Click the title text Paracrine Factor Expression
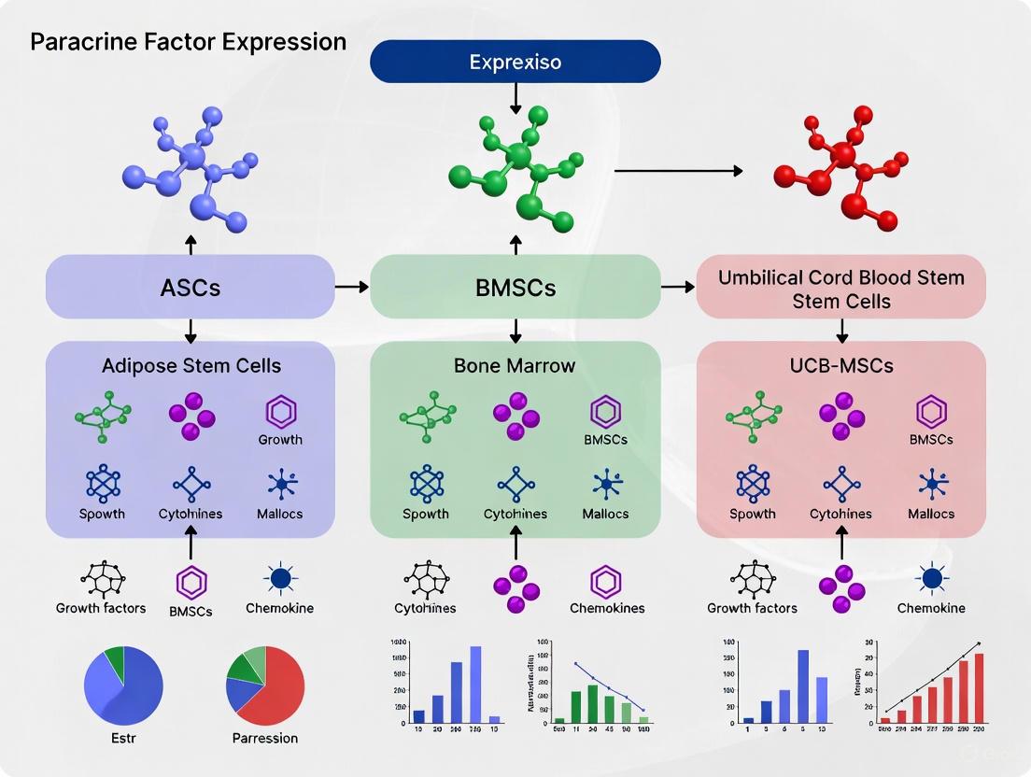click(188, 42)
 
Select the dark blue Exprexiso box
click(515, 62)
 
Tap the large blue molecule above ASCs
click(191, 168)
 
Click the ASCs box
click(191, 287)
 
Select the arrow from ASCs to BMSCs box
click(352, 287)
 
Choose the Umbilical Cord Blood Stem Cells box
click(840, 289)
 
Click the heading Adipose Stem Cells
click(191, 365)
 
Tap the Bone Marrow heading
click(515, 365)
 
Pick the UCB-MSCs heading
click(840, 365)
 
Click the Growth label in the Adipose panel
click(280, 439)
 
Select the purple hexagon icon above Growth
click(280, 411)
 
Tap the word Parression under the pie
click(265, 738)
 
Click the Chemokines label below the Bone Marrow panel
click(606, 608)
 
